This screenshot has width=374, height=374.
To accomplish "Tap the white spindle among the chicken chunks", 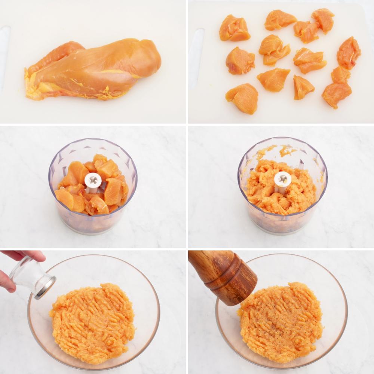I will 93,181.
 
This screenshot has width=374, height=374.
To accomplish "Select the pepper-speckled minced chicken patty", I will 280,322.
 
